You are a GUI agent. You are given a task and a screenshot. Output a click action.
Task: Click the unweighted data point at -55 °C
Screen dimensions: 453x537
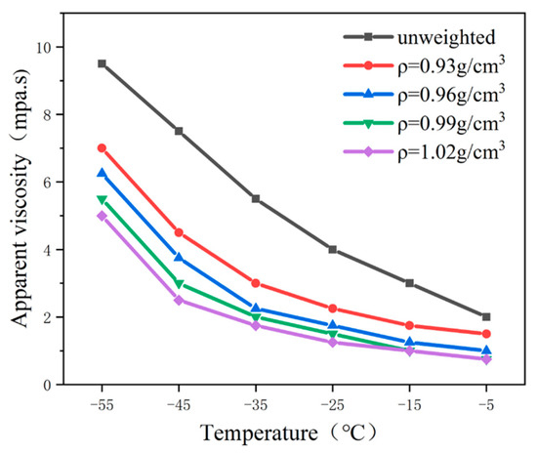click(x=102, y=63)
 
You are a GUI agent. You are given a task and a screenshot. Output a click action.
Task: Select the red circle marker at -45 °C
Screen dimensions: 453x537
click(x=179, y=232)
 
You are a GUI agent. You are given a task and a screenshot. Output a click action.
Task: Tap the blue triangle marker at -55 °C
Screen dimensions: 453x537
click(x=102, y=173)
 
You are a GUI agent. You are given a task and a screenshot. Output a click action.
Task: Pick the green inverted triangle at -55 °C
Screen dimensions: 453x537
click(x=102, y=199)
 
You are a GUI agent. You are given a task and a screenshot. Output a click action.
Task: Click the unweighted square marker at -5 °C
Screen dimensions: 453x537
click(x=486, y=316)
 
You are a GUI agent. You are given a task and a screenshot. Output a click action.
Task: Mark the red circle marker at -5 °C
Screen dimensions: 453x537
click(x=486, y=334)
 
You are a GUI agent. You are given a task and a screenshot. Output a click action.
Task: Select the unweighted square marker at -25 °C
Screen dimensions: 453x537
click(x=333, y=249)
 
